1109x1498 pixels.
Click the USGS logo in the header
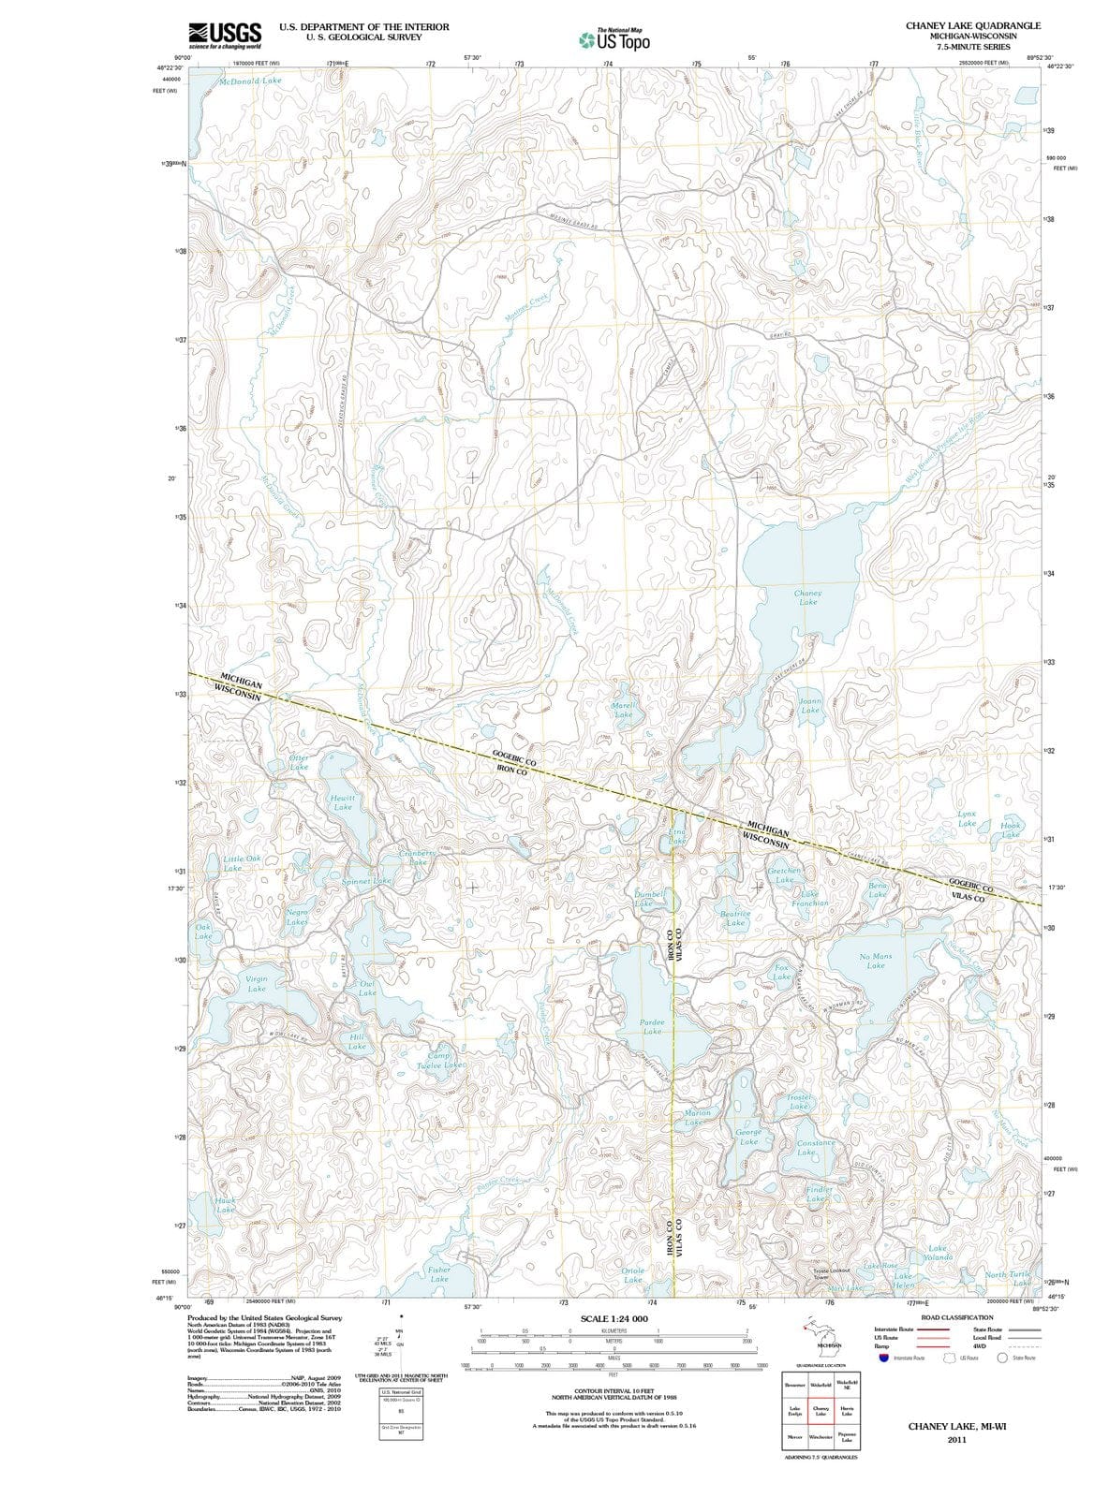[x=225, y=35]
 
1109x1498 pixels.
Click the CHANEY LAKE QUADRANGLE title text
[x=973, y=25]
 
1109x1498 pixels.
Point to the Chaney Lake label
[x=807, y=597]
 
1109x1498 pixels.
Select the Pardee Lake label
[x=652, y=1026]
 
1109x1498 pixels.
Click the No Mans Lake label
[x=876, y=961]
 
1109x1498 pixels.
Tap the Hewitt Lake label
[x=343, y=801]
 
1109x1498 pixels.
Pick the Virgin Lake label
[x=257, y=983]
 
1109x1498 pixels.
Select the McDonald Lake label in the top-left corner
[x=250, y=81]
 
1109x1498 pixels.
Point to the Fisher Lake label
[x=438, y=1274]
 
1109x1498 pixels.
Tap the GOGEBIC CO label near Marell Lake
[x=514, y=758]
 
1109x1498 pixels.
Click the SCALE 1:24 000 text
[x=614, y=1319]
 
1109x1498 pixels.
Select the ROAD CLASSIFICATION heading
[x=957, y=1317]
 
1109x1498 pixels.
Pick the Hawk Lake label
[x=225, y=1204]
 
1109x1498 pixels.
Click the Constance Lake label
[x=815, y=1148]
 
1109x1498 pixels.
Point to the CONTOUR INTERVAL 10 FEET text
[x=614, y=1392]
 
